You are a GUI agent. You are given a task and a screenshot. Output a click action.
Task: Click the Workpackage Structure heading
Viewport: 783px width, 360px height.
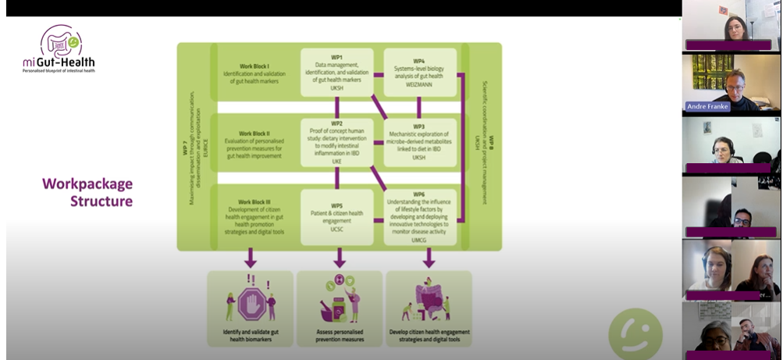(x=87, y=192)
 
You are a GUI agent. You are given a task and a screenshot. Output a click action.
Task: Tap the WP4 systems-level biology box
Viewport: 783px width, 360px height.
(x=419, y=73)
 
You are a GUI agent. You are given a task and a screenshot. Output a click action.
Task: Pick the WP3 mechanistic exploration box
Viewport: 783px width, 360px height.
(x=419, y=141)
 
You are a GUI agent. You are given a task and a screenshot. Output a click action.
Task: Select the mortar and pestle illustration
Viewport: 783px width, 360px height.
(x=339, y=301)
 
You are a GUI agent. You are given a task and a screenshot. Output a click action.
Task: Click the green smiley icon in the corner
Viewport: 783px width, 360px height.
(x=635, y=333)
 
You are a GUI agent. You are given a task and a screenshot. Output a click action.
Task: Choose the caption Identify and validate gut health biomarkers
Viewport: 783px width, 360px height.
(x=251, y=337)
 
